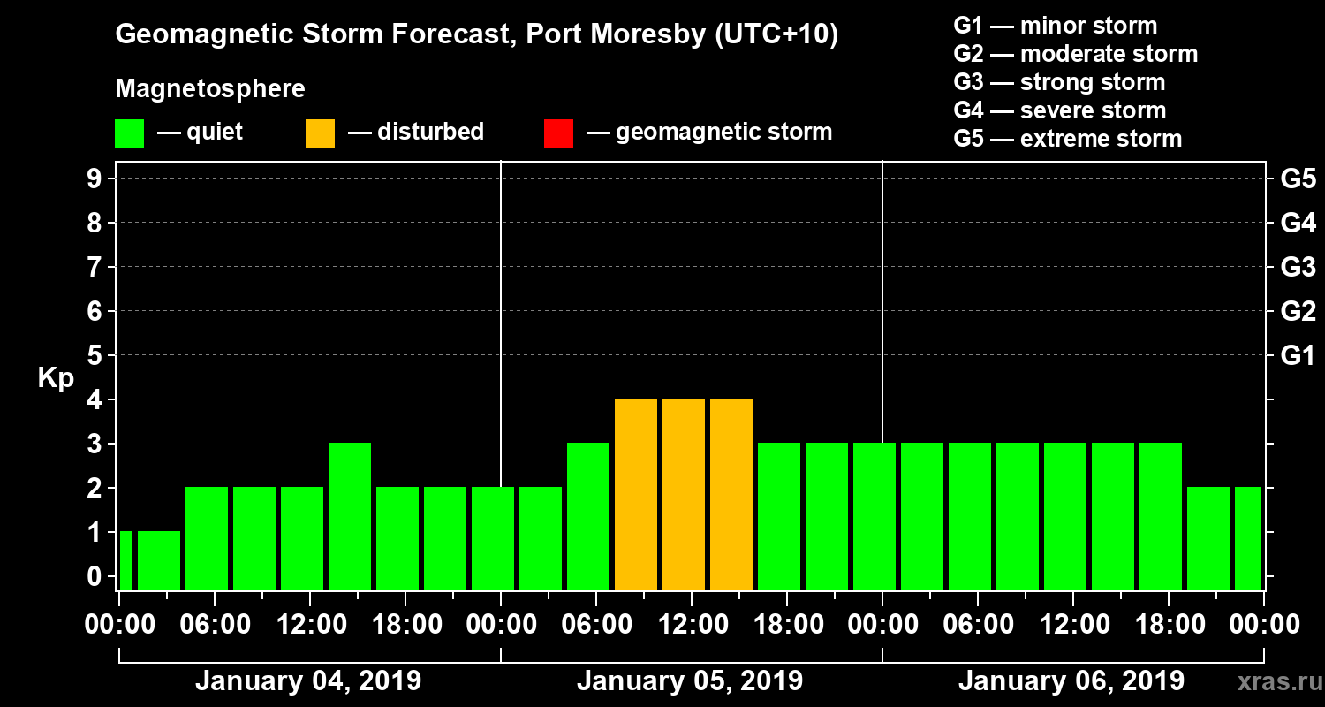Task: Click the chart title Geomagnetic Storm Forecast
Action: point(477,35)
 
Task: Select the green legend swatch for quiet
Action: point(129,133)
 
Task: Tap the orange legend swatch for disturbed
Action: point(320,133)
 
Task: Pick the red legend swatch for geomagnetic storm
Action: point(558,133)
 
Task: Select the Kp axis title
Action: point(56,378)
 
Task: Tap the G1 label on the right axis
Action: point(1298,356)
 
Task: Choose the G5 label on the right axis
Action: point(1298,179)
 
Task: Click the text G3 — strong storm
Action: point(1059,82)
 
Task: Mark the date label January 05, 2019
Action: point(690,681)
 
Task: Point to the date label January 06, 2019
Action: point(1071,681)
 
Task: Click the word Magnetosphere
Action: point(210,89)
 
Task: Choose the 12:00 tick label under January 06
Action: point(1072,624)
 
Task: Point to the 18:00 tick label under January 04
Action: point(405,624)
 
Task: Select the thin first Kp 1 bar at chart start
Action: point(125,560)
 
